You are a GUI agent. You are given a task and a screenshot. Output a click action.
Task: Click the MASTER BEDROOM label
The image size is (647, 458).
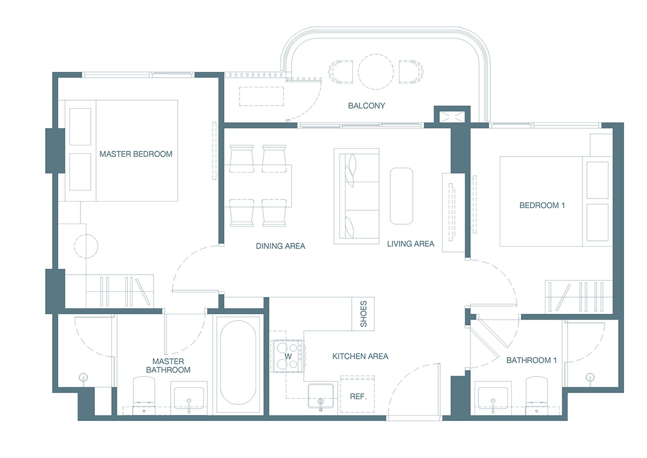[x=136, y=154]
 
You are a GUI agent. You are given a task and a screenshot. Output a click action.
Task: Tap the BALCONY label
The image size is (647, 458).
[x=366, y=106]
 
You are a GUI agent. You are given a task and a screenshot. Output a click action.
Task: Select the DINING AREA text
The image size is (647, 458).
[x=280, y=246]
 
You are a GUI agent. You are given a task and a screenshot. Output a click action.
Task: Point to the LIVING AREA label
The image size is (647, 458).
[x=410, y=244]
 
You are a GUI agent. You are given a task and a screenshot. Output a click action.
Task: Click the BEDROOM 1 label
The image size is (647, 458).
[x=542, y=205]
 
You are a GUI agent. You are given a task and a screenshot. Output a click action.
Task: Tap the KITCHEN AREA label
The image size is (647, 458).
[x=360, y=357]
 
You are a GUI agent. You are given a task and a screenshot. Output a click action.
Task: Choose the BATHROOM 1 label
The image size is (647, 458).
[x=532, y=360]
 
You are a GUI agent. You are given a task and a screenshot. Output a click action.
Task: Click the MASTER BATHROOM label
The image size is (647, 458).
[x=168, y=366]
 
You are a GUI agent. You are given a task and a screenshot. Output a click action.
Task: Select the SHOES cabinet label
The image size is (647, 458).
[x=364, y=314]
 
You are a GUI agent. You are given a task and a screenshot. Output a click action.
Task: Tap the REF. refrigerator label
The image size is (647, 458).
[x=358, y=396]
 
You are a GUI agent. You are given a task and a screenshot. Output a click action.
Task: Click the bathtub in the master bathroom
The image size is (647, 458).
[x=238, y=364]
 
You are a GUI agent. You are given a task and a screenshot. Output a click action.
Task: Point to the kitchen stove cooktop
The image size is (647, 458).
[x=287, y=357]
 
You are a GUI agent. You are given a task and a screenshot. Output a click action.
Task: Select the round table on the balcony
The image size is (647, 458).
[x=375, y=72]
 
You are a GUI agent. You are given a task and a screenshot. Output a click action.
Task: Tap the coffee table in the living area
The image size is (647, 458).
[x=402, y=196]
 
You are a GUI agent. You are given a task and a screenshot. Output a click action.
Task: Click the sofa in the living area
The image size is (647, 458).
[x=357, y=196]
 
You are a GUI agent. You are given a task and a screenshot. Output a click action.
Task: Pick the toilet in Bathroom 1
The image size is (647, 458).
[x=536, y=395]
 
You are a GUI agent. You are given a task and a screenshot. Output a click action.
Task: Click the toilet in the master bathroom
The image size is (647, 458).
[x=144, y=395]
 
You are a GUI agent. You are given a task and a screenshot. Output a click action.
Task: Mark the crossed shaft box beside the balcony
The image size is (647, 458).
[x=452, y=117]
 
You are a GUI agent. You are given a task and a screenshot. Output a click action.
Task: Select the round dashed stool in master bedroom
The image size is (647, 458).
[x=86, y=246]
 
